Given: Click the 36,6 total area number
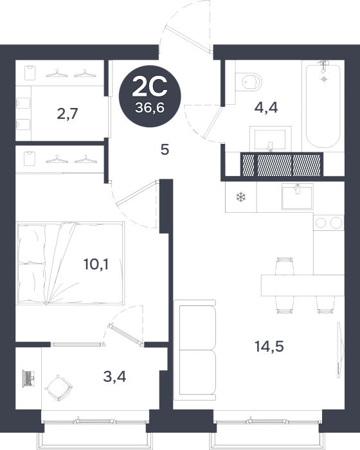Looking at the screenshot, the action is point(150,108).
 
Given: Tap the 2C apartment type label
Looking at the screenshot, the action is point(150,87).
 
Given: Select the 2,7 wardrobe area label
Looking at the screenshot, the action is point(67,114).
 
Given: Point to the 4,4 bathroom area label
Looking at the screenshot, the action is point(266,108).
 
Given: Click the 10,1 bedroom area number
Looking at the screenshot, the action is point(96,264).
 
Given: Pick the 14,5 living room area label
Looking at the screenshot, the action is point(269,346).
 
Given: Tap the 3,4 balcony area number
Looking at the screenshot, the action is point(114,377).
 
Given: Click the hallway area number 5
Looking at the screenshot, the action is point(165,150).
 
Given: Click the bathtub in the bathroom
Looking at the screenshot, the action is point(323,106).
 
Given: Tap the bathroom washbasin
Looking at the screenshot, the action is point(270,139).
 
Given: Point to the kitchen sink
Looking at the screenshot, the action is point(297,197).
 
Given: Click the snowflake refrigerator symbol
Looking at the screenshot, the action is point(241,197).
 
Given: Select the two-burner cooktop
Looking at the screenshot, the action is point(328,222).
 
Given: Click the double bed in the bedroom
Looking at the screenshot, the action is point(71,262).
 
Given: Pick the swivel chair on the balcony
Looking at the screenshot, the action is point(59,388).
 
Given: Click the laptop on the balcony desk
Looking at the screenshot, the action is point(29,379).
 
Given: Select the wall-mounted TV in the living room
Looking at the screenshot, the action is point(340,350).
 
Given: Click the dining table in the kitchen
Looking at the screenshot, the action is point(303,285).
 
